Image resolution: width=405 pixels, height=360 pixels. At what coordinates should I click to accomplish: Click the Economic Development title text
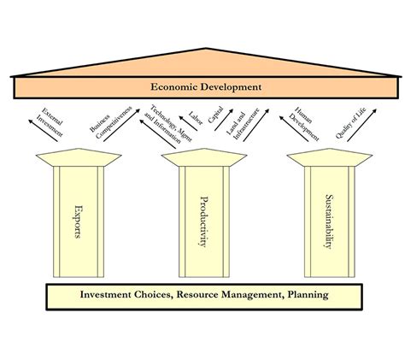[206, 86]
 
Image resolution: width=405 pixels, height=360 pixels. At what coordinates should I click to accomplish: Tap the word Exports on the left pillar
[78, 220]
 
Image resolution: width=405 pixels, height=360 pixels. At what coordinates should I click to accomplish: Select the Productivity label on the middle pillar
[203, 220]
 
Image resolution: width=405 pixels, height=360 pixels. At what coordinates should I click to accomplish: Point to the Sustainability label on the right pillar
[329, 220]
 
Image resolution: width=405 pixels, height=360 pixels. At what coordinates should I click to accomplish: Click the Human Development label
[303, 122]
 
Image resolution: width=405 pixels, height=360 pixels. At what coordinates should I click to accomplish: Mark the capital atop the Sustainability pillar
[329, 159]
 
